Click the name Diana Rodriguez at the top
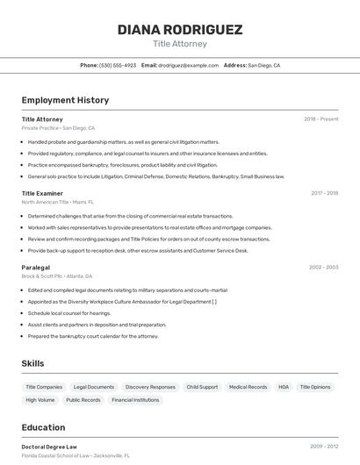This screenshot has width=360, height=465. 180,29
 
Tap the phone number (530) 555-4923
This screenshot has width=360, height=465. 118,65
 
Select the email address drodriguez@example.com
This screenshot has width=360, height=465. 188,65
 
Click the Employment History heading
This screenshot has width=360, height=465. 65,100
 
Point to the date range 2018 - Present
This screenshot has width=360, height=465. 321,118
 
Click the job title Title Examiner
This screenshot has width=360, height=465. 42,193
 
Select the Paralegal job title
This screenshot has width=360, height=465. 36,267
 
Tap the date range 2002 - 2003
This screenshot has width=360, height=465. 323,267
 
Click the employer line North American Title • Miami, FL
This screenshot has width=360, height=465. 58,202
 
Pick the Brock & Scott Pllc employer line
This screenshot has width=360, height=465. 58,275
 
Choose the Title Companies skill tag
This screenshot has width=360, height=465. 44,387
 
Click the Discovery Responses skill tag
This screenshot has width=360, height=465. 150,387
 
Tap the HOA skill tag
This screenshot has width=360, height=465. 284,387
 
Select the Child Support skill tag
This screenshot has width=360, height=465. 202,387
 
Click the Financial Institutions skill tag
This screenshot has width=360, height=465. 135,400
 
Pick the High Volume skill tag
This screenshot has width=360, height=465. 40,400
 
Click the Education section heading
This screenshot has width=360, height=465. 43,427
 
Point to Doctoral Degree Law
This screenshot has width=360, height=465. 49,447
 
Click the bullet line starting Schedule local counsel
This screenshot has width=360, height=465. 69,312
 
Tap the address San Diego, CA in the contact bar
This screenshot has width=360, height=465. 263,65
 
